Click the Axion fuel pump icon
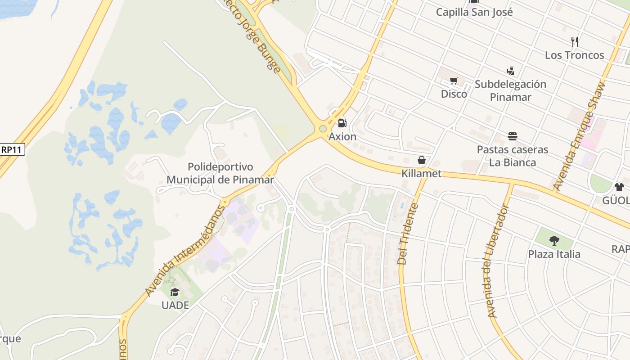(x=342, y=123)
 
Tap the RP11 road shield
(x=12, y=149)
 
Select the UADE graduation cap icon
(x=175, y=292)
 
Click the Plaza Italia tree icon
(x=554, y=241)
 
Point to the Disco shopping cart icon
(x=454, y=81)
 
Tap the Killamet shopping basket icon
(x=422, y=160)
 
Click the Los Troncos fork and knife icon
(x=574, y=42)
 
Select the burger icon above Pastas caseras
(x=512, y=136)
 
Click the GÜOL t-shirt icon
(x=619, y=187)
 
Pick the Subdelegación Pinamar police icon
(x=510, y=71)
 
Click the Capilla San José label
(x=474, y=12)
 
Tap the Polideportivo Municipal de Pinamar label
(x=220, y=173)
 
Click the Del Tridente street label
(x=408, y=234)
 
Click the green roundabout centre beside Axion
(x=323, y=129)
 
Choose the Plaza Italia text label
(x=554, y=254)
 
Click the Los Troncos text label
(x=574, y=55)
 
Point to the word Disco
(x=454, y=94)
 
